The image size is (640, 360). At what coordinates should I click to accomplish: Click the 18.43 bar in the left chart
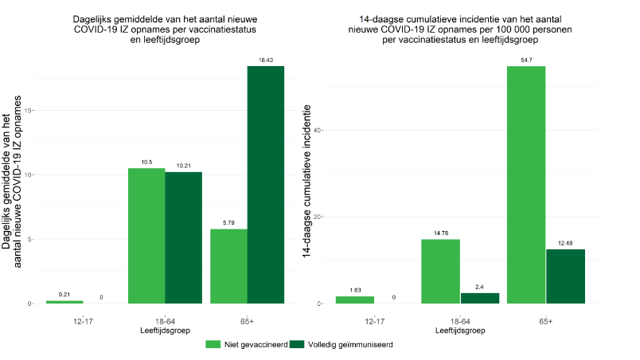pyautogui.click(x=265, y=185)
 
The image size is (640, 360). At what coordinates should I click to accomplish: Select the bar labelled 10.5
pyautogui.click(x=146, y=236)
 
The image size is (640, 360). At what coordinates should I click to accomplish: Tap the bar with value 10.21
pyautogui.click(x=183, y=237)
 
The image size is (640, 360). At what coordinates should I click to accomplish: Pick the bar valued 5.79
pyautogui.click(x=228, y=266)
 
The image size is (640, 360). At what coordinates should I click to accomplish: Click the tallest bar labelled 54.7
pyautogui.click(x=526, y=185)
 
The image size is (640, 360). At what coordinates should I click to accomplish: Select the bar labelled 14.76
pyautogui.click(x=440, y=271)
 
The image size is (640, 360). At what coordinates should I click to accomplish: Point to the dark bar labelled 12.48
pyautogui.click(x=566, y=276)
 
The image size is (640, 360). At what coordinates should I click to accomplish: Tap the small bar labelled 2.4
pyautogui.click(x=480, y=298)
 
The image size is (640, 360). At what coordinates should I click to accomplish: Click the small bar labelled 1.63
pyautogui.click(x=355, y=299)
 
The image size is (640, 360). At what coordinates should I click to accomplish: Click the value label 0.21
pyautogui.click(x=64, y=295)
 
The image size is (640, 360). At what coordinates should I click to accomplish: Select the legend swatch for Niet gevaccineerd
pyautogui.click(x=213, y=345)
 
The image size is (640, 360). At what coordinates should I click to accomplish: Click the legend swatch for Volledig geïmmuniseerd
pyautogui.click(x=294, y=345)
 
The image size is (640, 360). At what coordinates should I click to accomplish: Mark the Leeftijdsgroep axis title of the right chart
pyautogui.click(x=460, y=329)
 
